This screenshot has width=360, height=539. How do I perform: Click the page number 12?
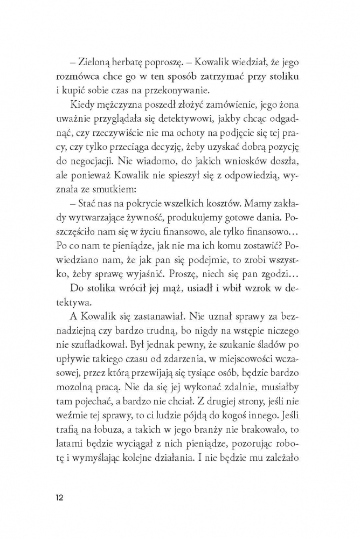59,496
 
